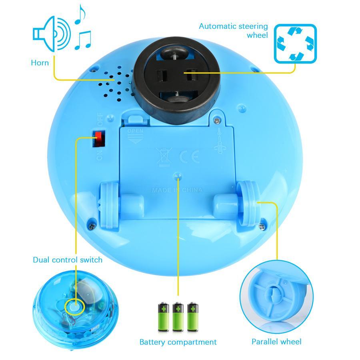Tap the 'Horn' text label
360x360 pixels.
click(x=40, y=62)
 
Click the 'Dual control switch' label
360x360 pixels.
click(x=67, y=260)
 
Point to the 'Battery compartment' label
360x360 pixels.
click(x=178, y=342)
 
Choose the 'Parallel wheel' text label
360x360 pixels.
click(x=276, y=342)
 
